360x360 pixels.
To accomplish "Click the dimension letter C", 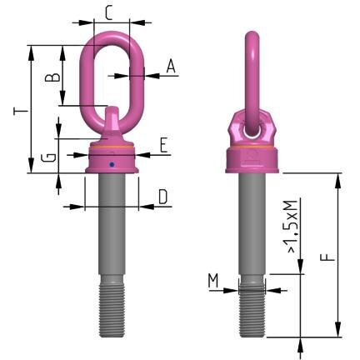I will click(109, 12).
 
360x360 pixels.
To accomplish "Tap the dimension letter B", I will click(51, 77).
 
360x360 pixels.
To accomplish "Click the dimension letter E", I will click(164, 145).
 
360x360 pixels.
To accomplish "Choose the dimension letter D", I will click(162, 197).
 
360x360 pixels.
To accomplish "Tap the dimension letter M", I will click(214, 282).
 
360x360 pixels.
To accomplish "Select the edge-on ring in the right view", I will click(252, 67).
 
